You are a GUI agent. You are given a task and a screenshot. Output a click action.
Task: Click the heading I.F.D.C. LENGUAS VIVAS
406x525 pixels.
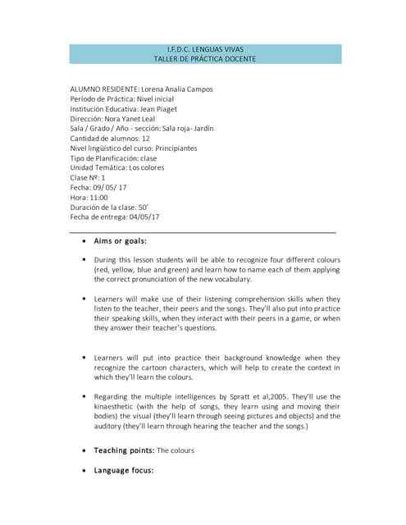pyautogui.click(x=205, y=49)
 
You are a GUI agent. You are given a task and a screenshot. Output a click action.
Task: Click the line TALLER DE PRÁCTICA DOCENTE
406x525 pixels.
pyautogui.click(x=205, y=60)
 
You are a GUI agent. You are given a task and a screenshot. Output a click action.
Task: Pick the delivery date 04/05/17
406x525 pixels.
pyautogui.click(x=139, y=217)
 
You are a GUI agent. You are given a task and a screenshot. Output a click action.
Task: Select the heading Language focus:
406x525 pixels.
pyautogui.click(x=124, y=470)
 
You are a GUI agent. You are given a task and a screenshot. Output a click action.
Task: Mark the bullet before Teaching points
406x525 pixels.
pyautogui.click(x=86, y=451)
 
